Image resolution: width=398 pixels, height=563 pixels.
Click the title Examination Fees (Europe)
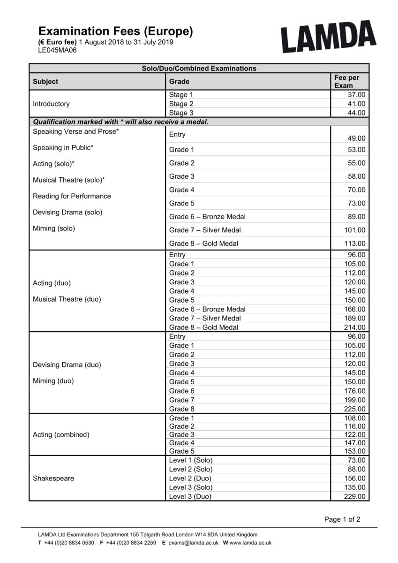(115, 31)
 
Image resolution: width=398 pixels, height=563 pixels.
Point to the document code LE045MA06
(57, 50)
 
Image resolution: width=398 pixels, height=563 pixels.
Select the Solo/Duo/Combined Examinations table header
(199, 68)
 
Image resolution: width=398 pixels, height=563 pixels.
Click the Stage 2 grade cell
(181, 104)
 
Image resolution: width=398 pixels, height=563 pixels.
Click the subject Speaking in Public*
(63, 148)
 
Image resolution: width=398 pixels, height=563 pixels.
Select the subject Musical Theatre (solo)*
(68, 180)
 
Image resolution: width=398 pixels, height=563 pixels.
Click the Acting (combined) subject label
(61, 435)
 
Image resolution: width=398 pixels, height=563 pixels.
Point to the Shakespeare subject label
(53, 479)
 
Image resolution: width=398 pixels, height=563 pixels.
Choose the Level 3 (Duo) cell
(190, 496)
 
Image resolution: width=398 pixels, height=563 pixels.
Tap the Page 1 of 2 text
(342, 519)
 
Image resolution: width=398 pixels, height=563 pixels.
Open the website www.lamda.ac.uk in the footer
(250, 543)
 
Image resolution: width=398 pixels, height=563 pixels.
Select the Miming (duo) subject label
(53, 381)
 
